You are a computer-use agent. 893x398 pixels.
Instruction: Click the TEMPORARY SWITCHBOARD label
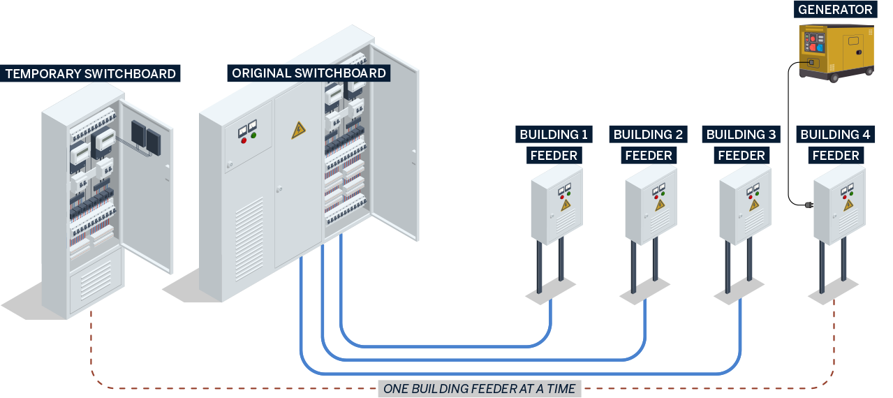coord(91,73)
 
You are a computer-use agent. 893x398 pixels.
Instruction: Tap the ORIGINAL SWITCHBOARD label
coord(309,73)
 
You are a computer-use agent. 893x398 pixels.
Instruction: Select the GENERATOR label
coord(835,10)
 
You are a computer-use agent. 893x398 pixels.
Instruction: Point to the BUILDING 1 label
coord(554,134)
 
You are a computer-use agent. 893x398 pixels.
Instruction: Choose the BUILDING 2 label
coord(648,134)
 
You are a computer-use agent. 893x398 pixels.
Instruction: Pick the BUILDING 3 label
coord(741,134)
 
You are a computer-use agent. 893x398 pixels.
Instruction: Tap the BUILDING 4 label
coord(835,134)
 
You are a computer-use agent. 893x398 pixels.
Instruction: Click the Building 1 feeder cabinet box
coord(556,204)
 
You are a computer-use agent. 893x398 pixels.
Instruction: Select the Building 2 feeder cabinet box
coord(651,204)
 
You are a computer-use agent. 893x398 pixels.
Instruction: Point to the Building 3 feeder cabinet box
coord(745,204)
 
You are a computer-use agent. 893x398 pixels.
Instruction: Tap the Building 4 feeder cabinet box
coord(839,204)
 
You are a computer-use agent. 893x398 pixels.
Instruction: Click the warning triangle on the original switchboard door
coord(298,130)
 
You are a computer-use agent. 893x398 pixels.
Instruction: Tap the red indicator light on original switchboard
coord(244,140)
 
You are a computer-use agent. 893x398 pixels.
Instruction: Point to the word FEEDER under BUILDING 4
coord(835,155)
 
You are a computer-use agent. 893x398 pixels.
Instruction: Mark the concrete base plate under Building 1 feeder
coord(550,290)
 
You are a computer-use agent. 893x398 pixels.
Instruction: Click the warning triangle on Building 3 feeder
coord(754,205)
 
